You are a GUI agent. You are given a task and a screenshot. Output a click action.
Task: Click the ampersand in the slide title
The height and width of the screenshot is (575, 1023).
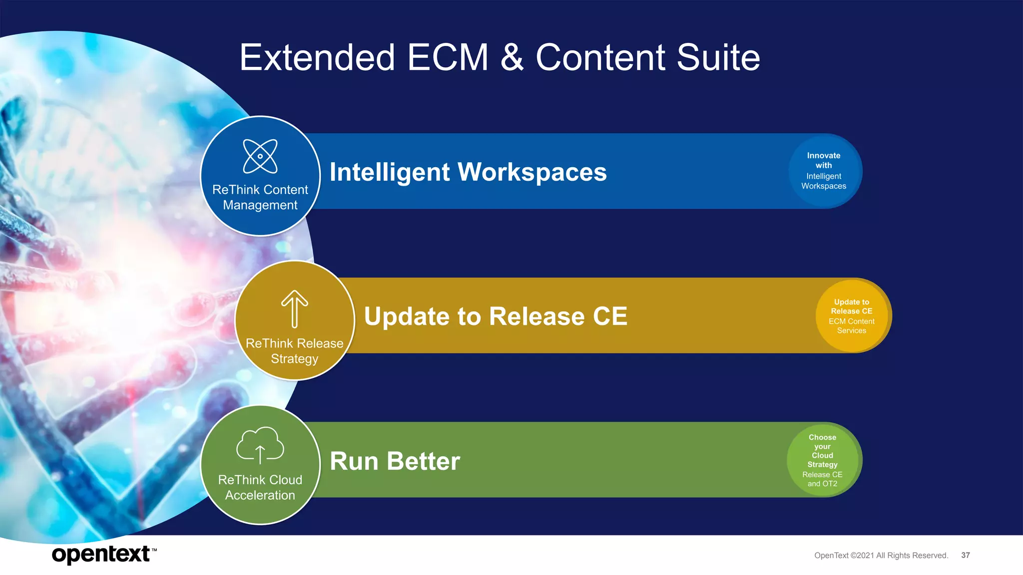(x=512, y=57)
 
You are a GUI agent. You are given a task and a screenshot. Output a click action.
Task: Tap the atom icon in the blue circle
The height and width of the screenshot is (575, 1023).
(x=260, y=156)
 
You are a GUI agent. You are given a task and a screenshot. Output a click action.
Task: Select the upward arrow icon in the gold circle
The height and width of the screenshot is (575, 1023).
(x=295, y=308)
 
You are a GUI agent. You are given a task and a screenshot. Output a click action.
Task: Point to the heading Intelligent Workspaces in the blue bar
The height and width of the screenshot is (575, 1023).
(x=468, y=172)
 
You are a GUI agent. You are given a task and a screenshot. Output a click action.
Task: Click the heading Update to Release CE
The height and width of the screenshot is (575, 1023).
(x=496, y=316)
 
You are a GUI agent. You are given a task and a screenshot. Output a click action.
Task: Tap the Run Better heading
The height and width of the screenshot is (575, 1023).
(x=395, y=461)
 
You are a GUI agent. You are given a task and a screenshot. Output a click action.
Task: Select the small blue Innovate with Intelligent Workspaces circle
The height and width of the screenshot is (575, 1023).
(x=824, y=171)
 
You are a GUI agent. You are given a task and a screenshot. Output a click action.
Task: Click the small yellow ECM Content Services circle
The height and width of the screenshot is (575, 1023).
(x=852, y=316)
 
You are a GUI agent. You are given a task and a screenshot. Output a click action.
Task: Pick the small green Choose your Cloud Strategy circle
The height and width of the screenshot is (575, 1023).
(x=823, y=460)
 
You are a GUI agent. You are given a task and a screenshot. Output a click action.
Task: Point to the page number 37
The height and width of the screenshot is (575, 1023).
(x=966, y=555)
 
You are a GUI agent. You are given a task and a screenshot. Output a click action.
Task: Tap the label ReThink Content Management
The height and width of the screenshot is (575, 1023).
(x=260, y=197)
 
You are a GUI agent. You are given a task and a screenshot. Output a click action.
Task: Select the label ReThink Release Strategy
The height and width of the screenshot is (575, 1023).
(x=295, y=351)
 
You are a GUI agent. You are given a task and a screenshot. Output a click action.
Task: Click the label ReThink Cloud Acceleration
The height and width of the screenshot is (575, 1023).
(x=260, y=487)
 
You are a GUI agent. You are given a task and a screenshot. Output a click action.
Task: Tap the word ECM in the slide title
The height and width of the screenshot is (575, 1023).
(x=448, y=57)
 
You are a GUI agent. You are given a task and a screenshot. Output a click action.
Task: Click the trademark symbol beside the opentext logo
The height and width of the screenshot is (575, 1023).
(x=154, y=550)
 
